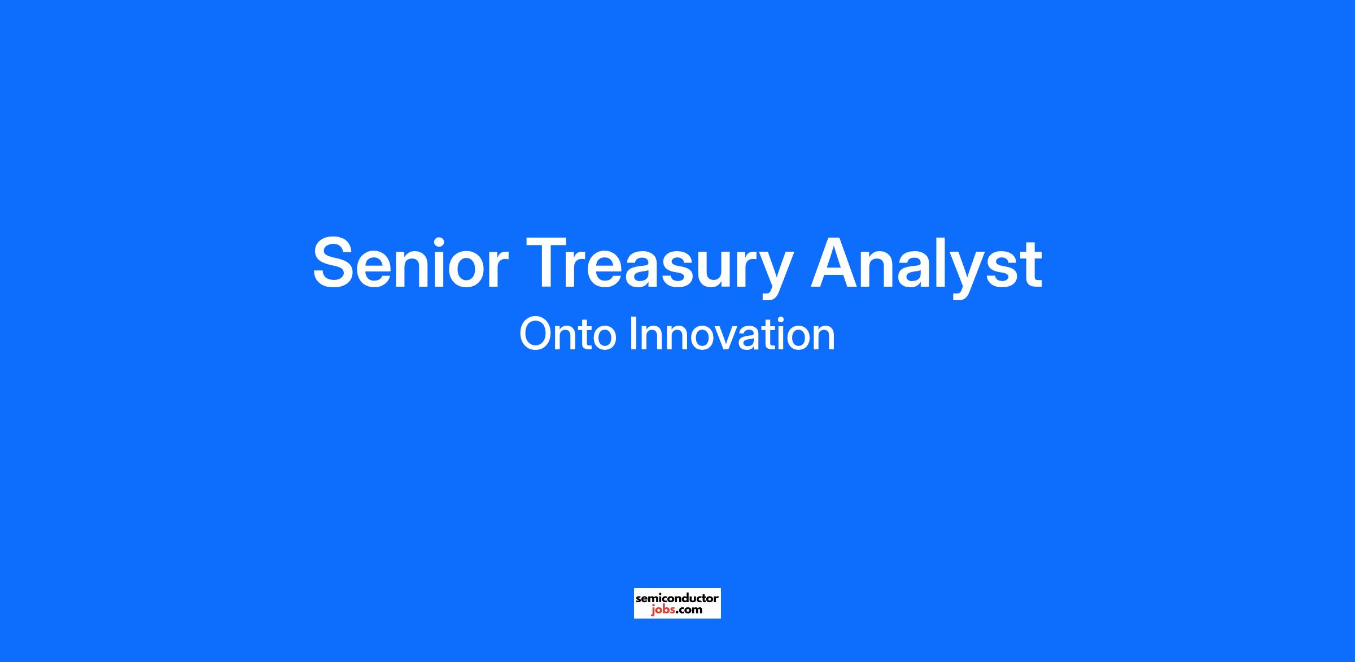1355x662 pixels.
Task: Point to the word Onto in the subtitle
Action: coord(567,334)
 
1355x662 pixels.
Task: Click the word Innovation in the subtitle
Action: coord(732,334)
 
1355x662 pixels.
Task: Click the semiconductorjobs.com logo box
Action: coord(677,603)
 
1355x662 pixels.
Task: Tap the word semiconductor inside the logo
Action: coord(677,598)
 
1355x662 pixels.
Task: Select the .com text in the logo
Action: coord(689,610)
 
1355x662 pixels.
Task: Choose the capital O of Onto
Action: coord(536,334)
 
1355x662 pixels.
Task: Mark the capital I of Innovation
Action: coord(633,334)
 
